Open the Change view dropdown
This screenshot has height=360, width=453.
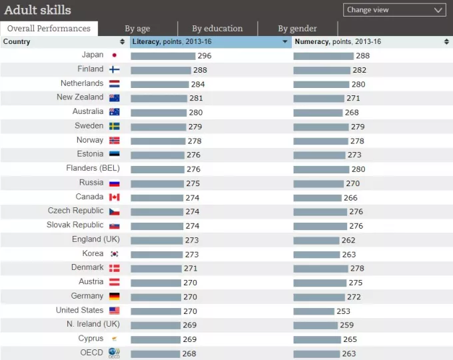[394, 10]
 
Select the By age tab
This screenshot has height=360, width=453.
[138, 29]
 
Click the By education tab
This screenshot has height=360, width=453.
[217, 29]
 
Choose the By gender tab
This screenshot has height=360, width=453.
[297, 29]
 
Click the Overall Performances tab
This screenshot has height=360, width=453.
[49, 29]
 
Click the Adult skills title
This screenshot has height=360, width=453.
[37, 10]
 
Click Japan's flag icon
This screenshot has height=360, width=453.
[115, 55]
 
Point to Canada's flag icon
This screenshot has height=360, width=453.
[115, 197]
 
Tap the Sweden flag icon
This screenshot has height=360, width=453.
[115, 126]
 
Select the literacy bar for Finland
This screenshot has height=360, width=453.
[161, 70]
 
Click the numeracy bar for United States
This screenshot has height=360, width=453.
[314, 311]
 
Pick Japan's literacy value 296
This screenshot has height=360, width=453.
[205, 56]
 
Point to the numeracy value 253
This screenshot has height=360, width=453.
[344, 311]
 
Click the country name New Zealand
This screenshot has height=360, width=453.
[80, 97]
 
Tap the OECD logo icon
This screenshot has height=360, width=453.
[115, 353]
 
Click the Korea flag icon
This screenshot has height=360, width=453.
[115, 254]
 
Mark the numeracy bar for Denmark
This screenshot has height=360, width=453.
[320, 268]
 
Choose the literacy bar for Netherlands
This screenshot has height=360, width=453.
[160, 84]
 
